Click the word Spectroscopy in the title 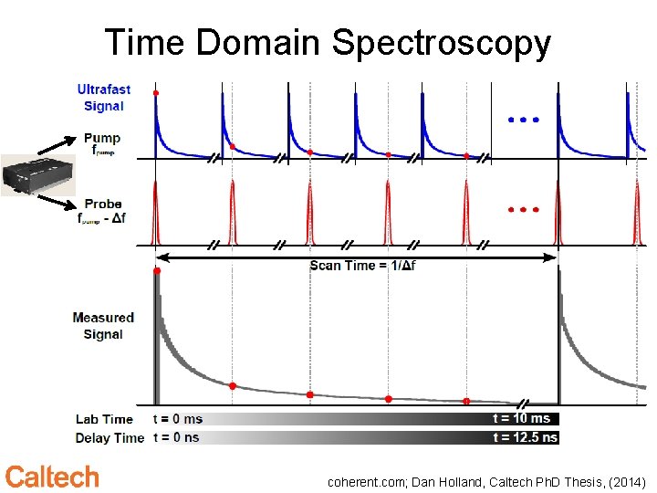(441, 43)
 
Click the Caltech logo (52, 477)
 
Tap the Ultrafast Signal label (103, 98)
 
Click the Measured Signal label (103, 326)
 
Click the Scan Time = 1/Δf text (362, 266)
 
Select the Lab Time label (104, 419)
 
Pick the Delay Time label (109, 437)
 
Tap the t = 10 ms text (521, 418)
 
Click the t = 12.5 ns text (525, 437)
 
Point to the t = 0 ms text (177, 419)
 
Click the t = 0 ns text (176, 437)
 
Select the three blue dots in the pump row (524, 120)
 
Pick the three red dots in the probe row (524, 210)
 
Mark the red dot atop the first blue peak (156, 93)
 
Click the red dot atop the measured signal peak (157, 271)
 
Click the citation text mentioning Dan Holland (486, 480)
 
